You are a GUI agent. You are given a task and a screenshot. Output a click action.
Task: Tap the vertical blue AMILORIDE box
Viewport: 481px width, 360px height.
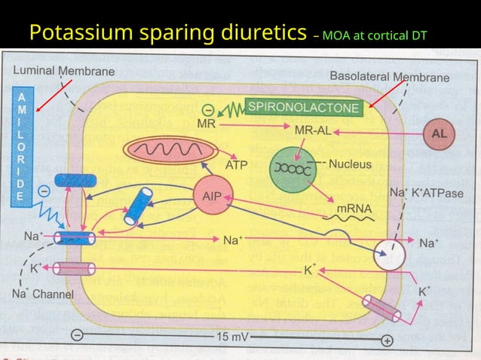(23, 145)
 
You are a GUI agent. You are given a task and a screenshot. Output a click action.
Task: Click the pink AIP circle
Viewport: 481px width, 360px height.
(212, 195)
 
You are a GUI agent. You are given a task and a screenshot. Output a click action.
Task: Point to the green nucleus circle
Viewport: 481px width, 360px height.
(293, 169)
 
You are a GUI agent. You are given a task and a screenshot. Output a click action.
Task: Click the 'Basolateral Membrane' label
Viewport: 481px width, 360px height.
(389, 77)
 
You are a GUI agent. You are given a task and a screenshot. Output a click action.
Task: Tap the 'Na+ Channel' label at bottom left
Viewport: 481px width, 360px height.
(41, 294)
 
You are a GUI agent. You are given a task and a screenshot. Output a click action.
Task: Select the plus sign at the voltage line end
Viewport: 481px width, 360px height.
(387, 340)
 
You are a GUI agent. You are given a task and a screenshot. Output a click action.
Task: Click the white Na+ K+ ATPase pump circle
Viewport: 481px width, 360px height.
(390, 256)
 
